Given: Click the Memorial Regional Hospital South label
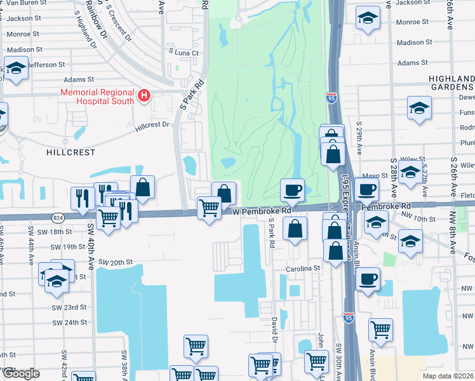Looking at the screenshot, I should point(97,97).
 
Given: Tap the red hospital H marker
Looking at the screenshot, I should point(144,97).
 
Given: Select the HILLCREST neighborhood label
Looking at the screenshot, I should point(70,153).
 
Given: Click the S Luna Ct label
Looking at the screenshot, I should point(184,53).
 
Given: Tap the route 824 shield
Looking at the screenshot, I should point(58,217).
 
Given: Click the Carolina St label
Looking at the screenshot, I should point(303,269).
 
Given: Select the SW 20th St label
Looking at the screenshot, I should point(114,262).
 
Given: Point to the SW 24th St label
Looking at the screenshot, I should point(69,323).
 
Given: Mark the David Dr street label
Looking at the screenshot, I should point(275,330).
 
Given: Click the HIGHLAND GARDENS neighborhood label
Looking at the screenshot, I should point(452,83).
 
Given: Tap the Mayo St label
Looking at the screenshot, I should point(375,176).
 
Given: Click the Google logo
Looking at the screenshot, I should point(21,373).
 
